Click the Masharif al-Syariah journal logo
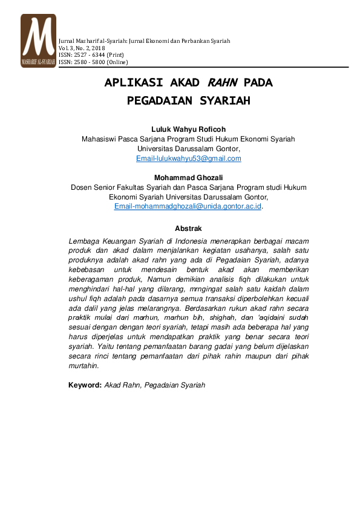(x=38, y=40)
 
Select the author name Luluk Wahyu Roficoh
(x=188, y=129)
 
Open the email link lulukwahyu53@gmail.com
(x=189, y=158)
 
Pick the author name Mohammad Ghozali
(x=188, y=177)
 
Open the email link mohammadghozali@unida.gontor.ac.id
(x=188, y=206)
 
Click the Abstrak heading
(x=188, y=229)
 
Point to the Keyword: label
(x=84, y=384)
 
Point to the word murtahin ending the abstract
(x=83, y=366)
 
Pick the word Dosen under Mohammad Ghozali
(x=82, y=187)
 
